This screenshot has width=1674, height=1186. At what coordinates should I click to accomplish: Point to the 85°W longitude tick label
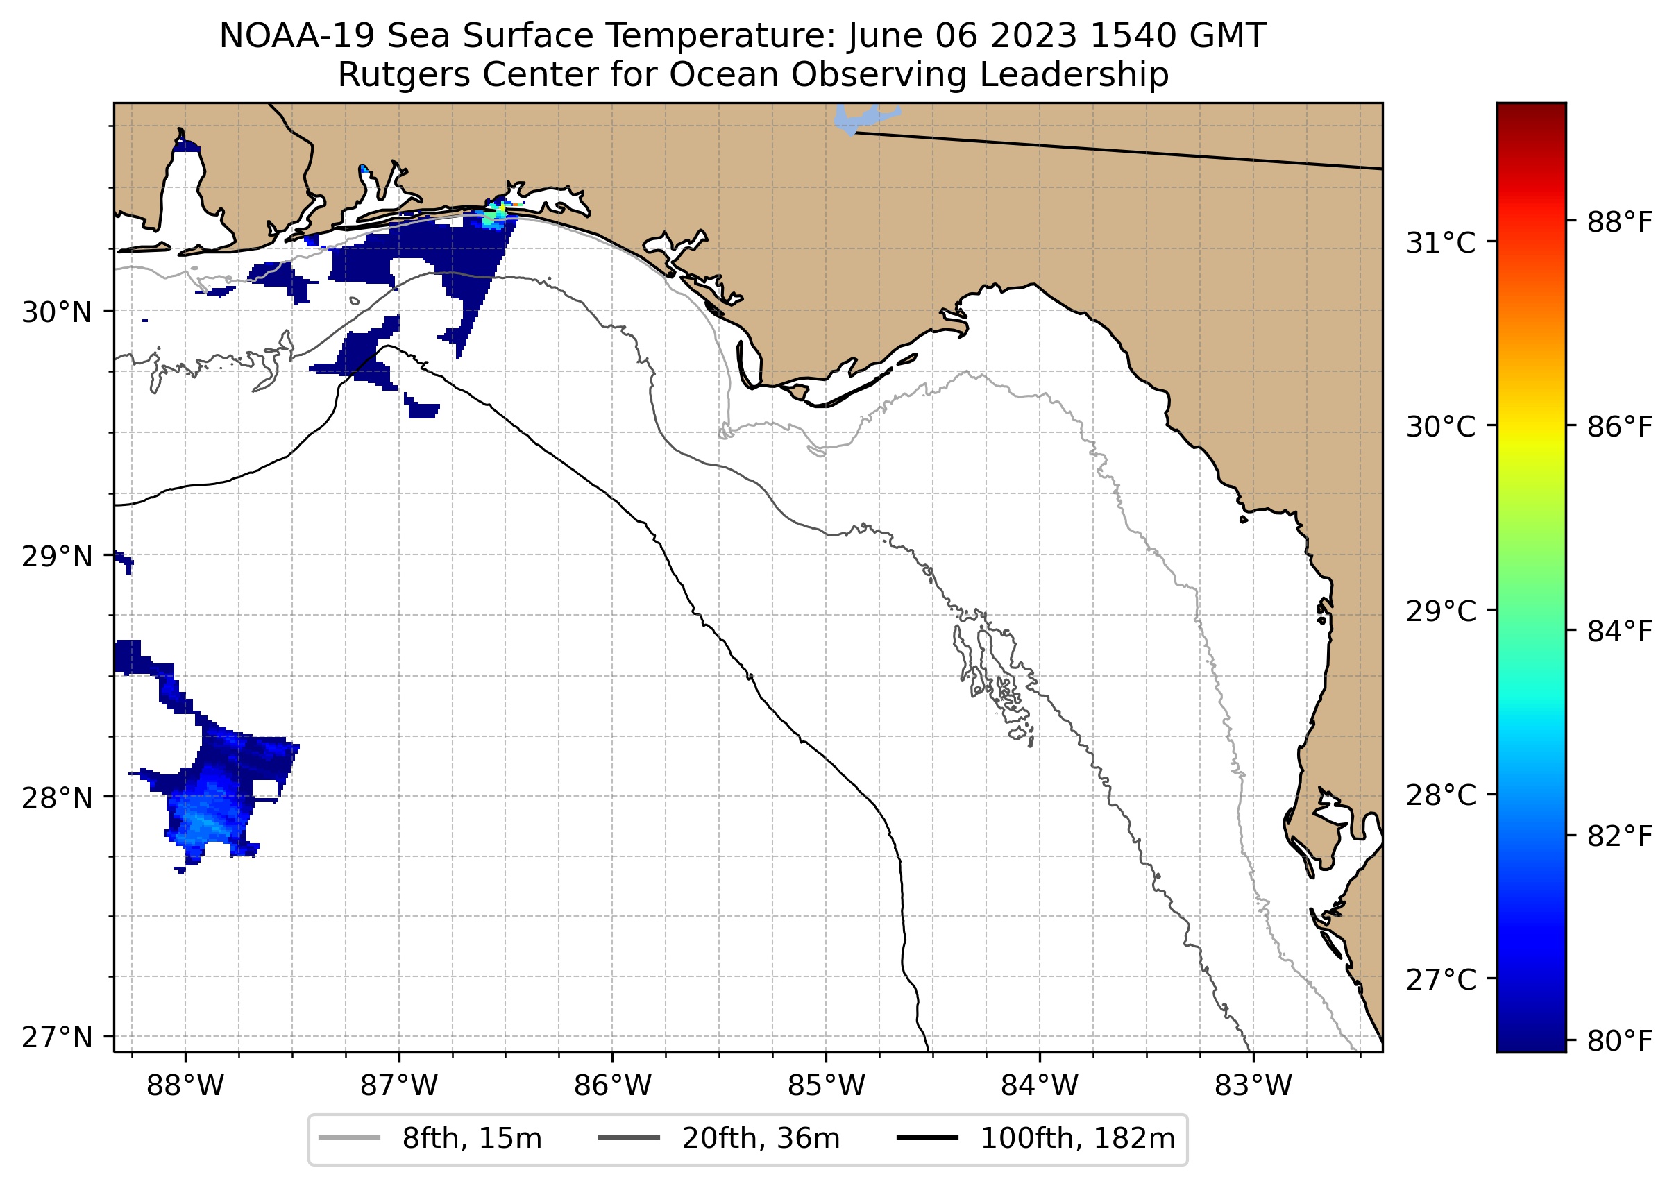click(x=826, y=1085)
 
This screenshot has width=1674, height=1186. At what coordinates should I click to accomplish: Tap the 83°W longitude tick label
click(x=1253, y=1085)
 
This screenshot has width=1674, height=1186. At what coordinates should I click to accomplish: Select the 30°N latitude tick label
click(x=57, y=312)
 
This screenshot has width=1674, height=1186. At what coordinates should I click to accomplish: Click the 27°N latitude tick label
click(x=57, y=1037)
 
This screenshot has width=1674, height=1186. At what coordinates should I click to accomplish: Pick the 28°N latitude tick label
click(x=57, y=797)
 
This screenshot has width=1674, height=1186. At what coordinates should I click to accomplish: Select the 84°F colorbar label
click(x=1619, y=631)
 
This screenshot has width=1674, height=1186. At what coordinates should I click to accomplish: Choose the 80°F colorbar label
click(x=1619, y=1040)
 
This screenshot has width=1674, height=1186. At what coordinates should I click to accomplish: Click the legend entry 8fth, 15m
click(x=471, y=1139)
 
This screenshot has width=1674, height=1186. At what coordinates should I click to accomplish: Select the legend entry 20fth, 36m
click(x=761, y=1139)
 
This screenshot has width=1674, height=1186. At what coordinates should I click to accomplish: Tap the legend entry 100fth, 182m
click(x=1076, y=1139)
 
